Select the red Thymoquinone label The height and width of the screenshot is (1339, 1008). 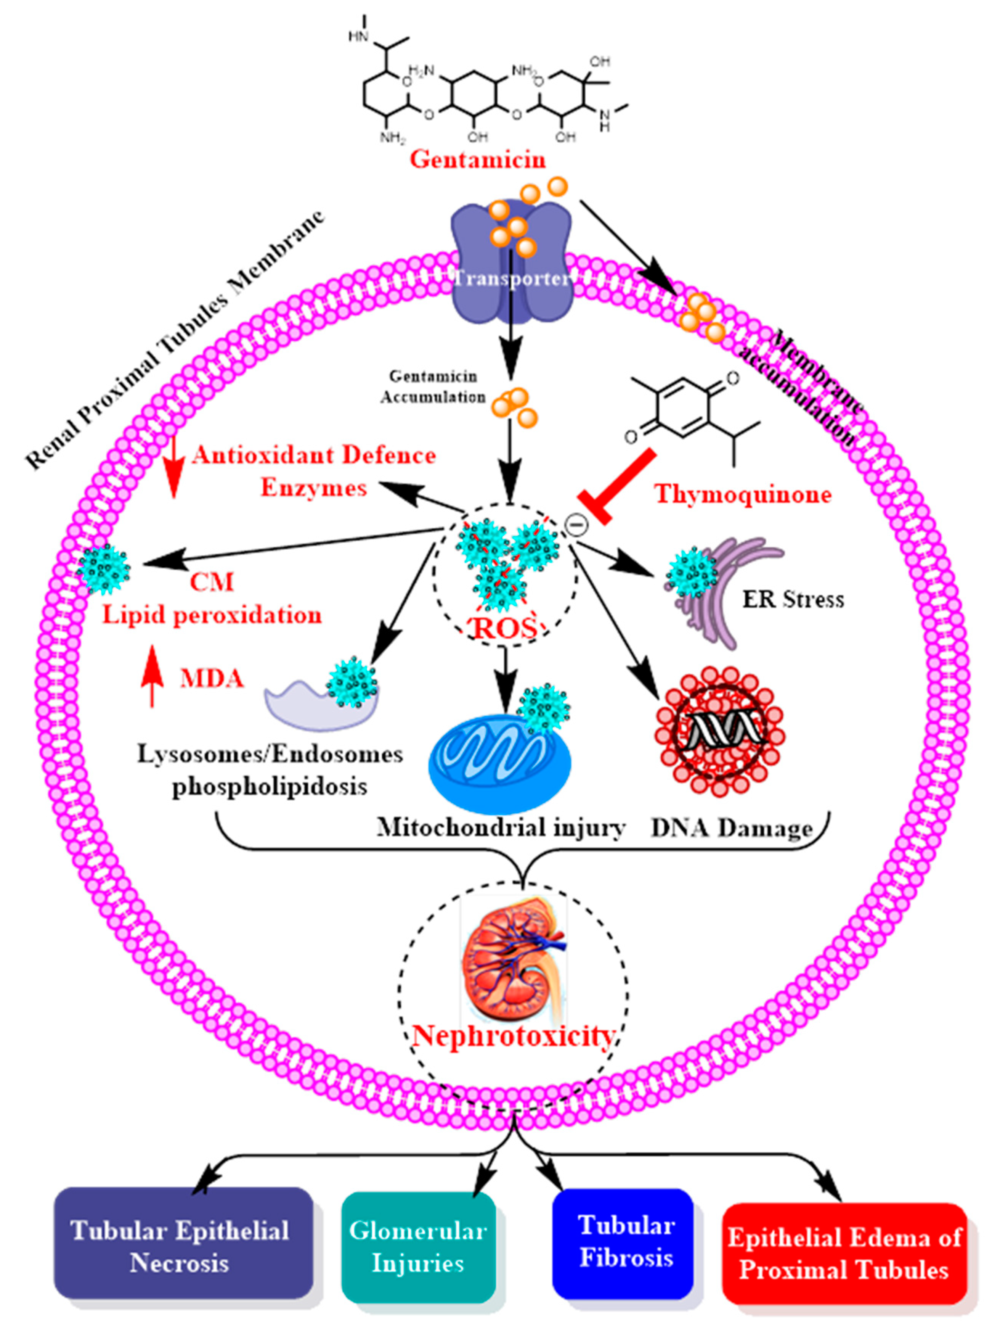click(743, 494)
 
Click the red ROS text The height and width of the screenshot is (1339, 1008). click(505, 628)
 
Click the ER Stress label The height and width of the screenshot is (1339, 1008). click(793, 599)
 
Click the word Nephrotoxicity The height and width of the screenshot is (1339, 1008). click(513, 1036)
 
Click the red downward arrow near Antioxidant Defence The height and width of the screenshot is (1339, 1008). click(173, 468)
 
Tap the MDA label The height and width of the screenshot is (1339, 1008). click(212, 679)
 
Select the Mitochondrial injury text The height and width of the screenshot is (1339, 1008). click(501, 827)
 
